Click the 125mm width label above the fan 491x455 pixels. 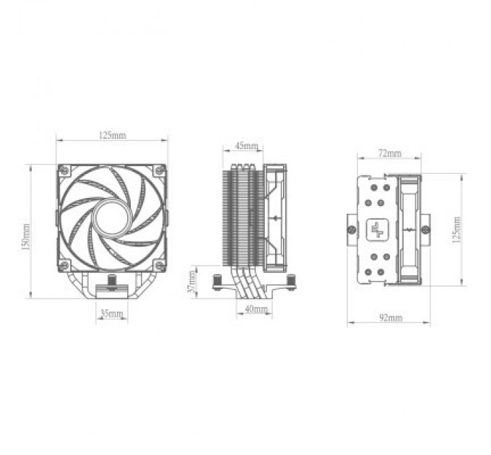pyautogui.click(x=112, y=135)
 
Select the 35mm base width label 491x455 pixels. pyautogui.click(x=111, y=315)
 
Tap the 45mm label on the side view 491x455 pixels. pyautogui.click(x=246, y=146)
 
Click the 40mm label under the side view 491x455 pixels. pyautogui.click(x=255, y=309)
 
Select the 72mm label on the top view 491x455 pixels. pyautogui.click(x=389, y=154)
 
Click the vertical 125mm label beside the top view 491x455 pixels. pyautogui.click(x=456, y=229)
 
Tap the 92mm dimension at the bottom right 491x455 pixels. pyautogui.click(x=390, y=317)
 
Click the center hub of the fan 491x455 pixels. pyautogui.click(x=112, y=215)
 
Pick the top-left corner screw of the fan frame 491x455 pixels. pyautogui.click(x=64, y=170)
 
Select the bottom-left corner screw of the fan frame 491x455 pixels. pyautogui.click(x=64, y=262)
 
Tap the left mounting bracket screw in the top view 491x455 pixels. pyautogui.click(x=352, y=230)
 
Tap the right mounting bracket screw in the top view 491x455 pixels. pyautogui.click(x=425, y=230)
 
